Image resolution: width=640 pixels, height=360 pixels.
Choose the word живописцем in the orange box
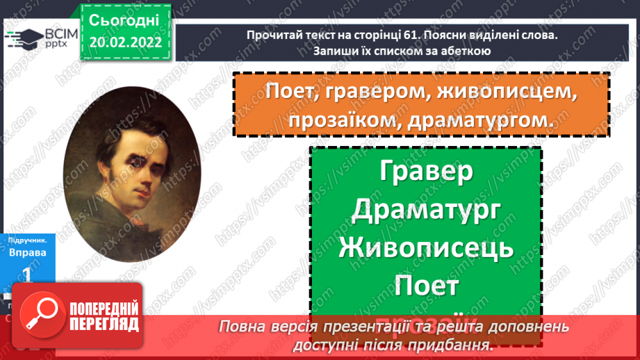click(x=505, y=91)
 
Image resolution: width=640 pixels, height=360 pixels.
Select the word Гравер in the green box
click(x=427, y=172)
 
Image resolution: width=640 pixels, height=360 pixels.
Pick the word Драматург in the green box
click(x=427, y=210)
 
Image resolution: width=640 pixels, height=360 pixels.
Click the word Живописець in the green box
click(x=427, y=247)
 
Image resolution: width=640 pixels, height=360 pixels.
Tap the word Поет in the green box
click(x=427, y=285)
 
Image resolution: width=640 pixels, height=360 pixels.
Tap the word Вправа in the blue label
click(x=28, y=252)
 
